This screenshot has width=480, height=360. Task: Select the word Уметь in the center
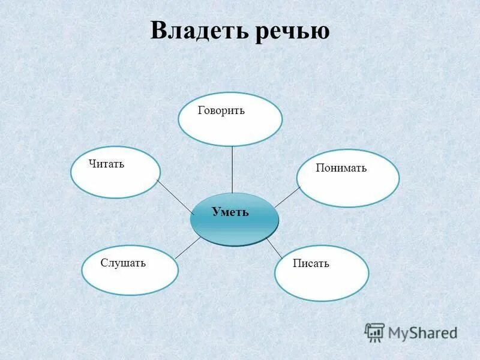230,212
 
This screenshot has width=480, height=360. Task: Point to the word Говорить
221,111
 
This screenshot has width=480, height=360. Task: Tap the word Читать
106,164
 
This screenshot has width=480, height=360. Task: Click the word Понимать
341,169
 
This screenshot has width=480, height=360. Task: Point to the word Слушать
123,263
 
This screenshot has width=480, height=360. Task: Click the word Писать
311,263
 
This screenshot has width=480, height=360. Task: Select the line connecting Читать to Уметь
175,196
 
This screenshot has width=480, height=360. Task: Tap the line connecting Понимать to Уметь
287,197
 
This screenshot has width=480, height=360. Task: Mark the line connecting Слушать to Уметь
188,247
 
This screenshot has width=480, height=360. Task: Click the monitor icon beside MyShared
374,332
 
